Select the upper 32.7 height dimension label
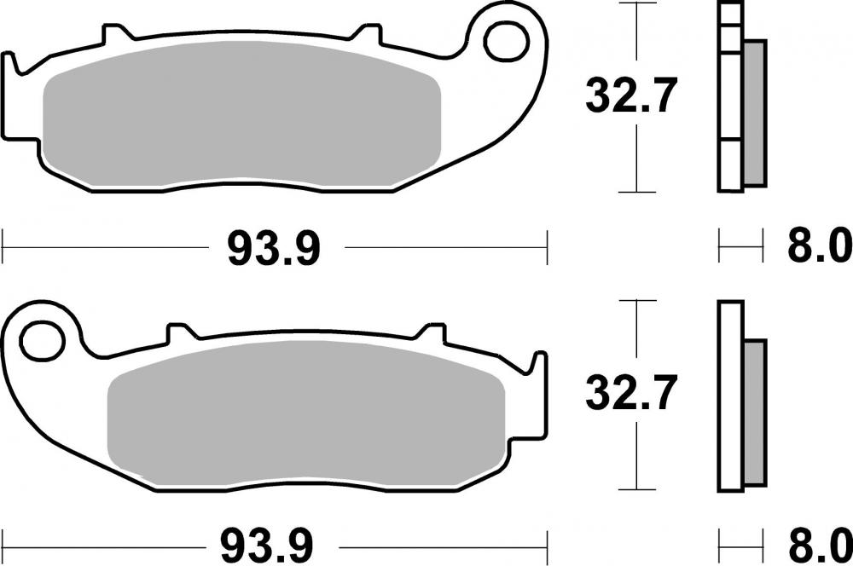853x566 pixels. [x=630, y=96]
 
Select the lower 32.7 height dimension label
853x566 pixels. [x=630, y=394]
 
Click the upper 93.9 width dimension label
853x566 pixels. [x=273, y=249]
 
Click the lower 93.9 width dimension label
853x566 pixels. [x=273, y=542]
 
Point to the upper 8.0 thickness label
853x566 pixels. [x=817, y=249]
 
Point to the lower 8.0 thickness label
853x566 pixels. [x=817, y=542]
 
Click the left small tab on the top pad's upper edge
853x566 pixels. [x=112, y=34]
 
